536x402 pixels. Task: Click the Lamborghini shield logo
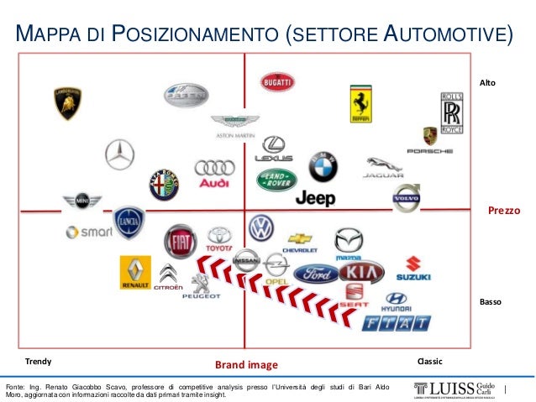tap(67, 103)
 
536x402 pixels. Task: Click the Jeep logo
tap(315, 199)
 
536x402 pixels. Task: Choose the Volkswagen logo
tap(261, 227)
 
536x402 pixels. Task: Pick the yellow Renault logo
tap(135, 272)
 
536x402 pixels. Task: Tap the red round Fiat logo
tap(180, 242)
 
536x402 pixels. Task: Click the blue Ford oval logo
tap(316, 274)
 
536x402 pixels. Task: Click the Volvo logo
tap(405, 199)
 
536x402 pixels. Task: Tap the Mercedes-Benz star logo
tap(119, 154)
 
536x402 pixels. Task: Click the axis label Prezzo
tap(504, 211)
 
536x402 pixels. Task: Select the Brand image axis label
tap(245, 365)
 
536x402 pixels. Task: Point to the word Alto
tap(487, 83)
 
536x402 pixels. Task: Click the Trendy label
tap(38, 361)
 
